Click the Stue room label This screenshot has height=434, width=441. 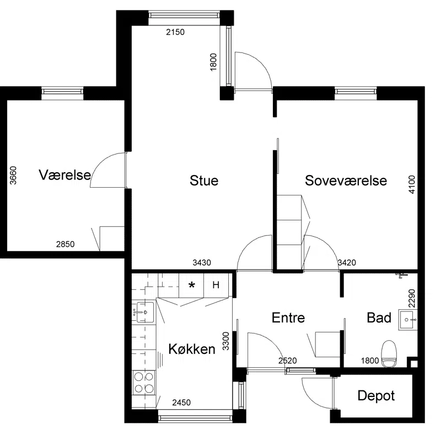(204, 181)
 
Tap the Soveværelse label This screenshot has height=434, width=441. (346, 181)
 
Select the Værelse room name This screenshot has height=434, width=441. (65, 175)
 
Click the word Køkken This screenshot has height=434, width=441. (192, 349)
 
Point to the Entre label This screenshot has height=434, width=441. (288, 317)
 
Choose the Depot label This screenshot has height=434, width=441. (376, 396)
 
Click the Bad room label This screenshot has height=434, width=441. (379, 317)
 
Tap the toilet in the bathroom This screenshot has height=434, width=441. (389, 354)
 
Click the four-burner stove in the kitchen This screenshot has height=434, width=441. (144, 383)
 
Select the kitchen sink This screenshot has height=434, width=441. (145, 312)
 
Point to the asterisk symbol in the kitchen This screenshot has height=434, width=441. (192, 286)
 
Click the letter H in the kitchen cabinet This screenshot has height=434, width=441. (216, 285)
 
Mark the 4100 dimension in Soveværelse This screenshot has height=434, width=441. (411, 184)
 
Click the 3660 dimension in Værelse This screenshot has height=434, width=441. (13, 176)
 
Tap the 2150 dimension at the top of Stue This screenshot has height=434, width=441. (175, 32)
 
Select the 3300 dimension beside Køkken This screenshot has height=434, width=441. (226, 341)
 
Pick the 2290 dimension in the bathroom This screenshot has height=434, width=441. (411, 298)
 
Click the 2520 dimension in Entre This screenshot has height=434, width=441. (287, 361)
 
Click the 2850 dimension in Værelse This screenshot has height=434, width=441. (65, 244)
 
